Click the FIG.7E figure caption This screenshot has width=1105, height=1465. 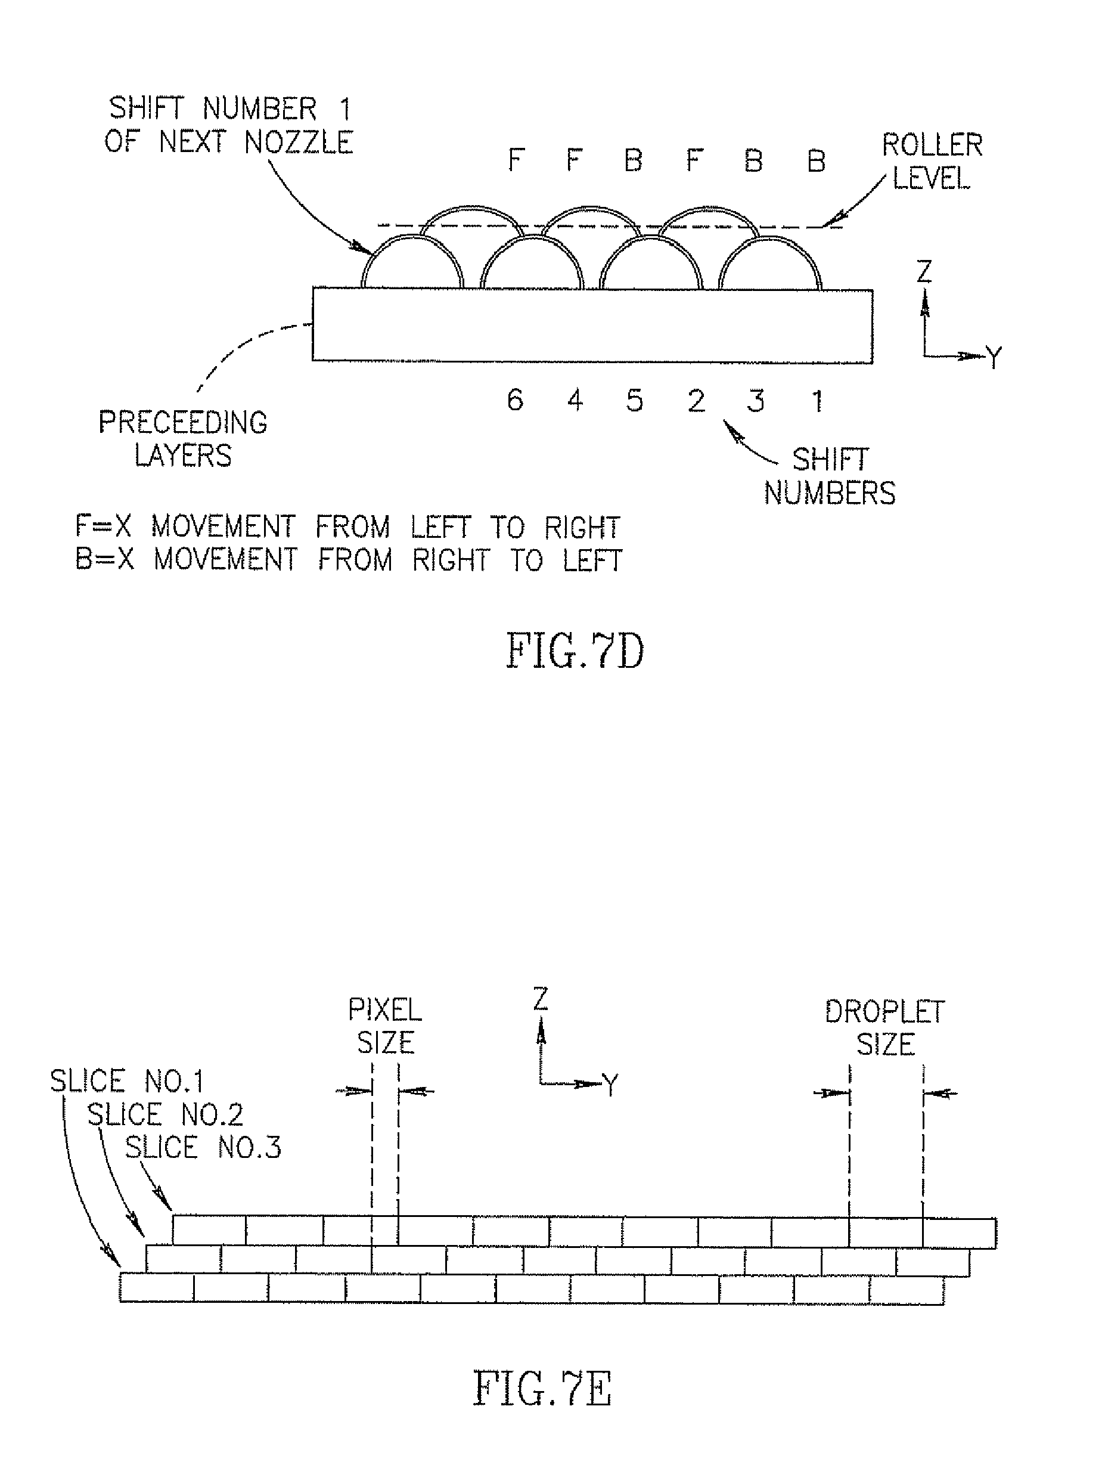[543, 1388]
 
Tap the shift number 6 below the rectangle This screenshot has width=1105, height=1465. [515, 399]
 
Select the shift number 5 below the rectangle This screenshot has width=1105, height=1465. [634, 400]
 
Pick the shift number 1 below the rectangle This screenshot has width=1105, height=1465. [818, 401]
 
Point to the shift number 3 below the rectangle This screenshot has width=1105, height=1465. [756, 401]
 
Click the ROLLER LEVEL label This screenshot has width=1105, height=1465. [932, 161]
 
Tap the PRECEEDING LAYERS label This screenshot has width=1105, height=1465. [183, 438]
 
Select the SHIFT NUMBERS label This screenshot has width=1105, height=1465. [830, 476]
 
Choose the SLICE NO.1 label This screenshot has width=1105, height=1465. [126, 1082]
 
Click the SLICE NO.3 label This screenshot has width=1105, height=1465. [203, 1147]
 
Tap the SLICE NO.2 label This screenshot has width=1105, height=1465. [165, 1114]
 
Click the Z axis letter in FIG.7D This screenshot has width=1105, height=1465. [924, 271]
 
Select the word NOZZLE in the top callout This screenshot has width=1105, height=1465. [299, 143]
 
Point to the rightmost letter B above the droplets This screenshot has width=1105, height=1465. [817, 161]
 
